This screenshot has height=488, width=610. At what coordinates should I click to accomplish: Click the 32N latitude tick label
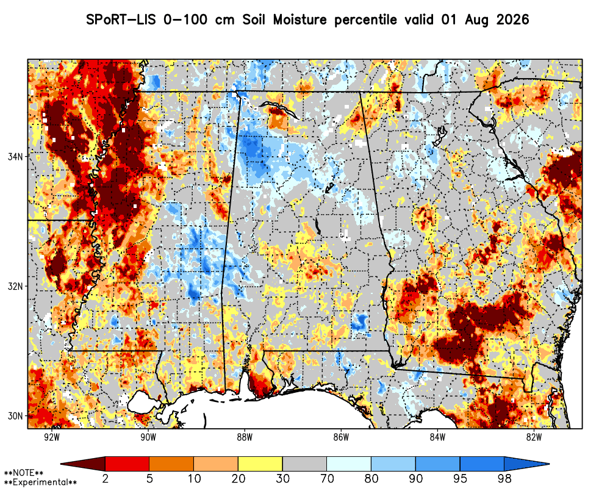click(x=15, y=286)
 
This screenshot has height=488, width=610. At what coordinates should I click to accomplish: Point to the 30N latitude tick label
click(x=15, y=416)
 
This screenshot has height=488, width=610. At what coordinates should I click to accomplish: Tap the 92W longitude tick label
click(x=52, y=437)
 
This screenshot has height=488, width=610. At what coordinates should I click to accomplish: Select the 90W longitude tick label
click(x=148, y=437)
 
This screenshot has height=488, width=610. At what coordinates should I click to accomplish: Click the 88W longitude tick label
click(x=245, y=437)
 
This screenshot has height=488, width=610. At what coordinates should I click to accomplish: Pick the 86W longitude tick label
click(x=341, y=437)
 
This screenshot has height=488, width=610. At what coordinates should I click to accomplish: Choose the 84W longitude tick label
click(x=437, y=437)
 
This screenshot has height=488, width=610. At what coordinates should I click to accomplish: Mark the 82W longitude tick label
click(x=534, y=437)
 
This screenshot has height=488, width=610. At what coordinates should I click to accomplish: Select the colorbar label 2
click(x=105, y=478)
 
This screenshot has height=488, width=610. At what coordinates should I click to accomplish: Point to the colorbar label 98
click(x=504, y=478)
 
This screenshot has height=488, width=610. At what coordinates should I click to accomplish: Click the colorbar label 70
click(x=326, y=478)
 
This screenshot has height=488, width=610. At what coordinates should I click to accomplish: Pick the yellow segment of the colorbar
click(x=260, y=464)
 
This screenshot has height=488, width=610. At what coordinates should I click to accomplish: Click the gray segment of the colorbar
click(x=304, y=464)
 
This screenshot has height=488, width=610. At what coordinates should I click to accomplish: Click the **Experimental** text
click(x=40, y=483)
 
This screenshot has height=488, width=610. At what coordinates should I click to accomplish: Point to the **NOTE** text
click(x=24, y=473)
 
